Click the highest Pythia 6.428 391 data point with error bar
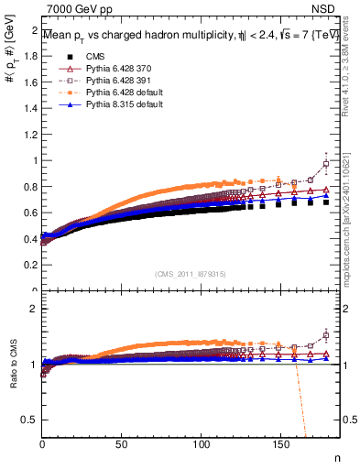(327, 165)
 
